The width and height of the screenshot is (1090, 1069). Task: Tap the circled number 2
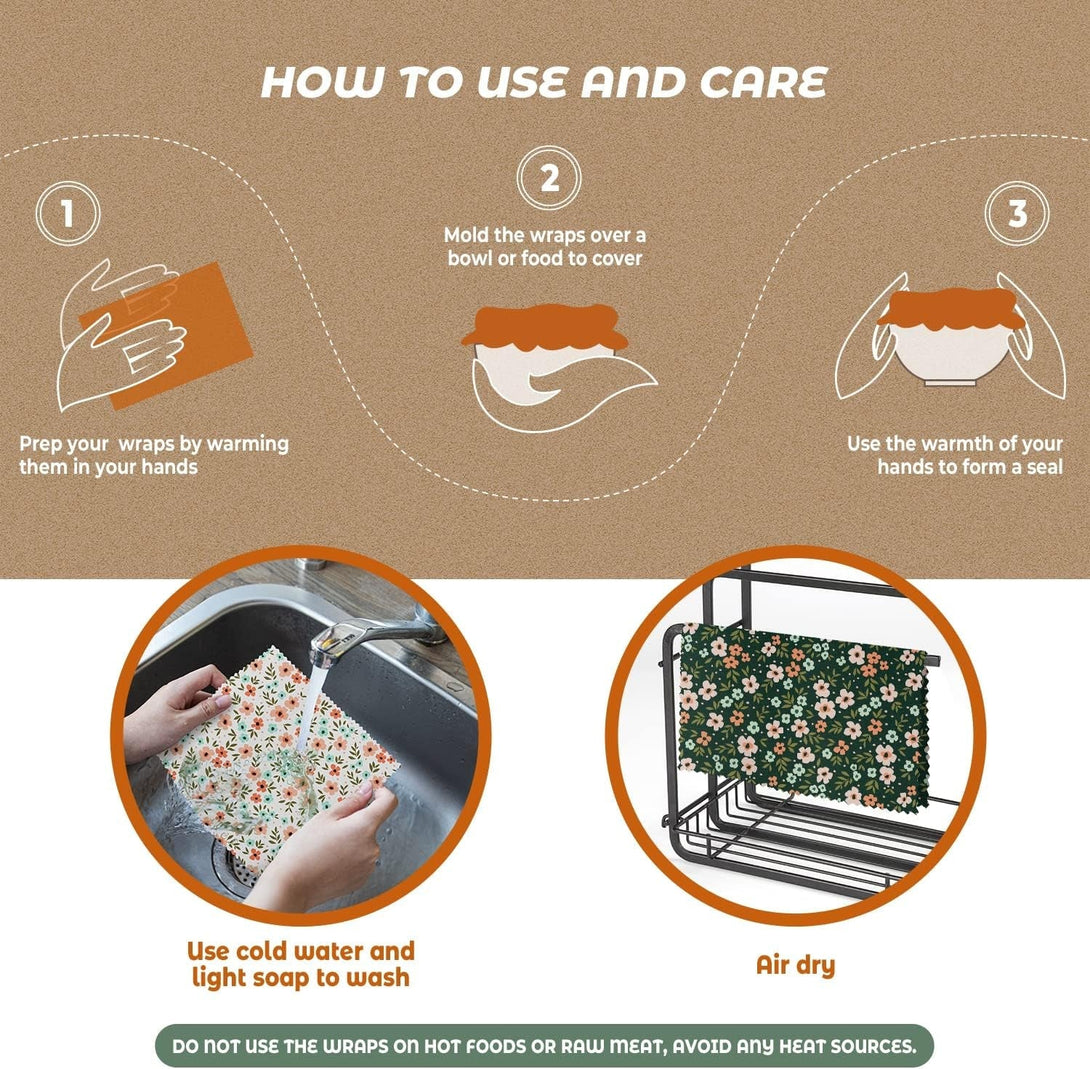tap(549, 179)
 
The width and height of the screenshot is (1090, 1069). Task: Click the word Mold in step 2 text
tap(467, 236)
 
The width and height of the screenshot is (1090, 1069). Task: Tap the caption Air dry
tap(795, 965)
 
